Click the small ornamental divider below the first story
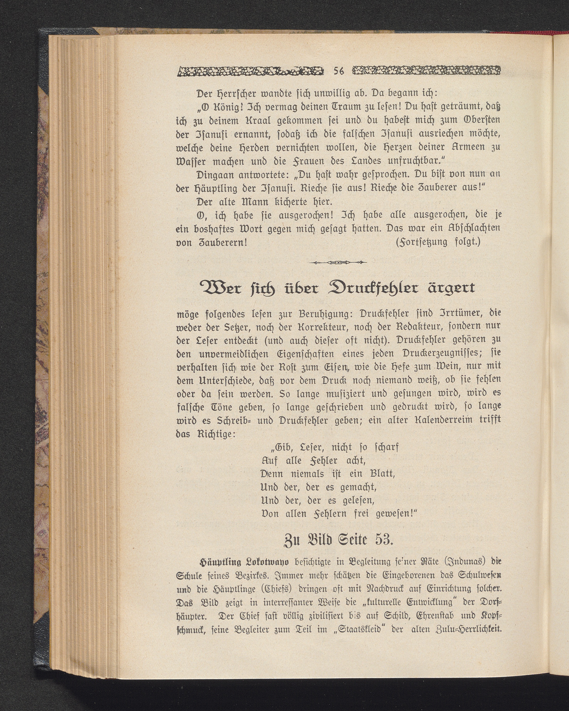[x=338, y=262]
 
